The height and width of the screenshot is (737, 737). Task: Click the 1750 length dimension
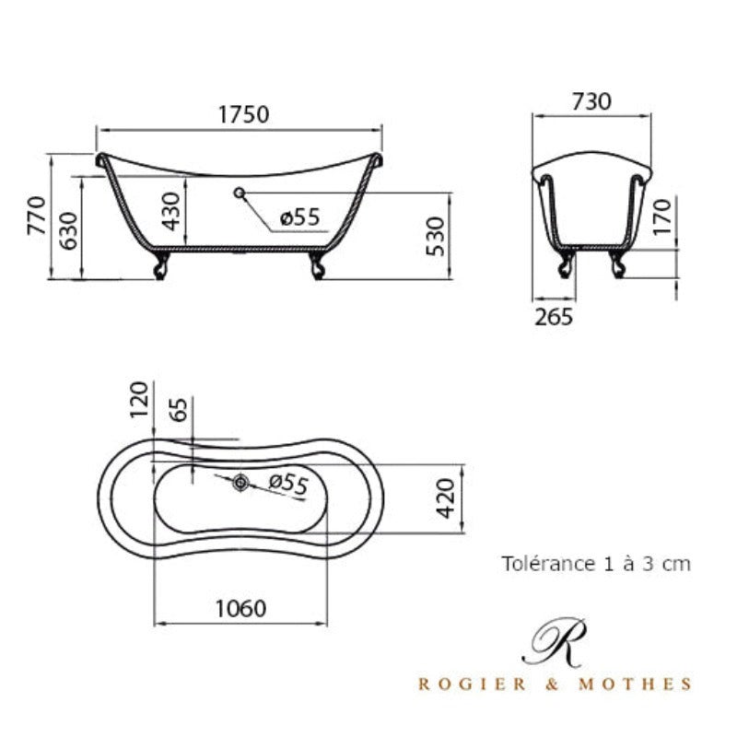click(x=244, y=114)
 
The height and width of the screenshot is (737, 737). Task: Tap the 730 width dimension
click(x=591, y=101)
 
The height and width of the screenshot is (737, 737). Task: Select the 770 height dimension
click(x=37, y=216)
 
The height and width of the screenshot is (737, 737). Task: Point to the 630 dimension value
click(x=68, y=231)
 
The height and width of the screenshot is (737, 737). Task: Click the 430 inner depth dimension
click(x=170, y=211)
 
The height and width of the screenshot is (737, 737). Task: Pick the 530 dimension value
click(x=435, y=236)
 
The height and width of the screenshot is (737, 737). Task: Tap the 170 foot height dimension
click(x=661, y=216)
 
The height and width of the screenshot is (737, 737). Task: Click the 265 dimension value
click(x=554, y=317)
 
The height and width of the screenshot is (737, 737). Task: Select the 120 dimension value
click(x=139, y=400)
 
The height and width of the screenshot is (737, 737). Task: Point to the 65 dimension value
click(x=178, y=410)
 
